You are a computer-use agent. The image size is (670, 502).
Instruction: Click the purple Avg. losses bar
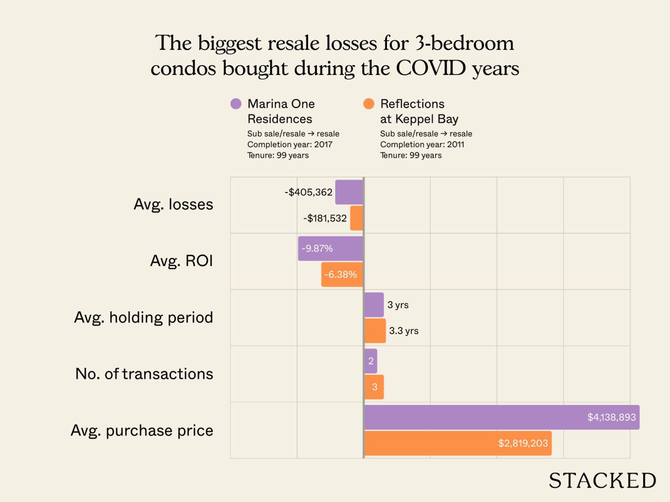tap(349, 192)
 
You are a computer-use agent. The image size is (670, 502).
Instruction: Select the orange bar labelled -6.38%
tap(342, 274)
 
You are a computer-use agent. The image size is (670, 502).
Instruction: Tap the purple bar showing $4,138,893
tap(502, 417)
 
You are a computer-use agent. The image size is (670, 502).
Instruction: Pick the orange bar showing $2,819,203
tap(458, 443)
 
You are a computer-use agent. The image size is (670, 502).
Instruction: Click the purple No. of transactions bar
tap(371, 361)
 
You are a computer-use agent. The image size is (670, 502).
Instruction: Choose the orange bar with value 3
tap(374, 387)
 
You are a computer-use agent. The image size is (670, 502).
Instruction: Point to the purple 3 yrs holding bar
tap(374, 305)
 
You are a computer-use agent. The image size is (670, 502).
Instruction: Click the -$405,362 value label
tap(309, 192)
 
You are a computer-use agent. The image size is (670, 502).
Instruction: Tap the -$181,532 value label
tap(325, 218)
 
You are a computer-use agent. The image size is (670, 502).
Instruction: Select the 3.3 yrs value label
tap(404, 330)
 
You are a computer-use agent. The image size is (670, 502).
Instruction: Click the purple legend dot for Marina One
tap(236, 104)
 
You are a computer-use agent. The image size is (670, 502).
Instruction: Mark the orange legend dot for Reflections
tap(369, 104)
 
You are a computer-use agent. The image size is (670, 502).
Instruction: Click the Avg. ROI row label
tap(181, 261)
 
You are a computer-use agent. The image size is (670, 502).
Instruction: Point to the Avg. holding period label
tap(144, 317)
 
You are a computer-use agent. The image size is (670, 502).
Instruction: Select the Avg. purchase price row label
tap(142, 430)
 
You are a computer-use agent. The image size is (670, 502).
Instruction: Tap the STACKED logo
tap(602, 480)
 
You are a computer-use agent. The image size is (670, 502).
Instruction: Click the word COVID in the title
tap(431, 68)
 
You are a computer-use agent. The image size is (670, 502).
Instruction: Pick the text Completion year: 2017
tap(290, 144)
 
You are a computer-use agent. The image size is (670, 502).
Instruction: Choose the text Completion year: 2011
tap(422, 144)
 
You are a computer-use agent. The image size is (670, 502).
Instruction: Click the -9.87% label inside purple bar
tap(317, 248)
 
